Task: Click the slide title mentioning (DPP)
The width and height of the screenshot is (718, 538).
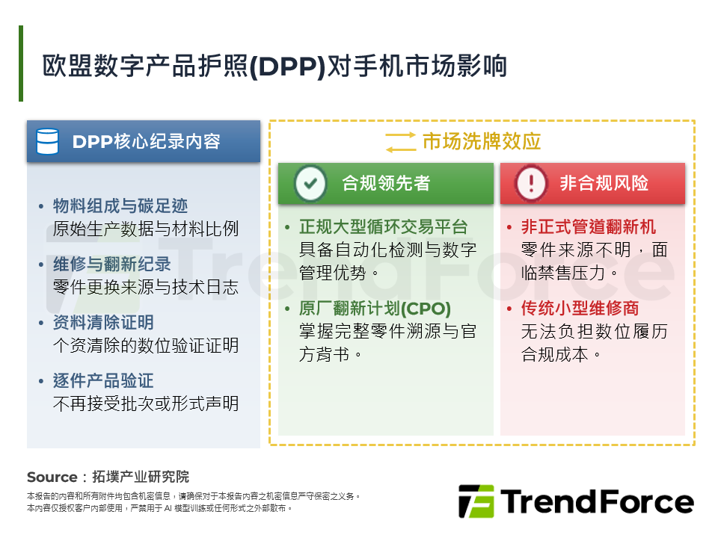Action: [275, 66]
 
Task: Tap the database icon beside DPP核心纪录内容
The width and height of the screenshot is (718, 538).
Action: [48, 141]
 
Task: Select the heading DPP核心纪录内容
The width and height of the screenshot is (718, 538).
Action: [146, 141]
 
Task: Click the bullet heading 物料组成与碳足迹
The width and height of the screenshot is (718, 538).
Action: [120, 205]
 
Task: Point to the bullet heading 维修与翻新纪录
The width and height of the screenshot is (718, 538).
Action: [111, 264]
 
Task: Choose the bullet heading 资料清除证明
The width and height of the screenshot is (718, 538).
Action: [103, 322]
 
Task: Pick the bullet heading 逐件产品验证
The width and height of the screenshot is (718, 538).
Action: [103, 380]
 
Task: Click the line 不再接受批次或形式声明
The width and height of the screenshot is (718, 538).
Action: [146, 403]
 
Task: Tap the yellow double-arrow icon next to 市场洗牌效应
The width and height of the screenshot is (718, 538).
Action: [400, 141]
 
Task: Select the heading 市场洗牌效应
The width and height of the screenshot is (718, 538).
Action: [482, 141]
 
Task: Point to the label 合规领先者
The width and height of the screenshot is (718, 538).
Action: [386, 183]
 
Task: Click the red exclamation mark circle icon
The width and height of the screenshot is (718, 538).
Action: [531, 183]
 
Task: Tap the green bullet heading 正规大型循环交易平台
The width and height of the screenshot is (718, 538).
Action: [383, 227]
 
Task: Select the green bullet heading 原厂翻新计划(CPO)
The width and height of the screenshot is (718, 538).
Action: [375, 309]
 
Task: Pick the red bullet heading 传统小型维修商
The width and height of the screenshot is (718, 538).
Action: [580, 309]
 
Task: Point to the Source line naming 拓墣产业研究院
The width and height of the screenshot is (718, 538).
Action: [108, 477]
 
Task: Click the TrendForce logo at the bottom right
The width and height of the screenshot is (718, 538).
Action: [576, 501]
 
